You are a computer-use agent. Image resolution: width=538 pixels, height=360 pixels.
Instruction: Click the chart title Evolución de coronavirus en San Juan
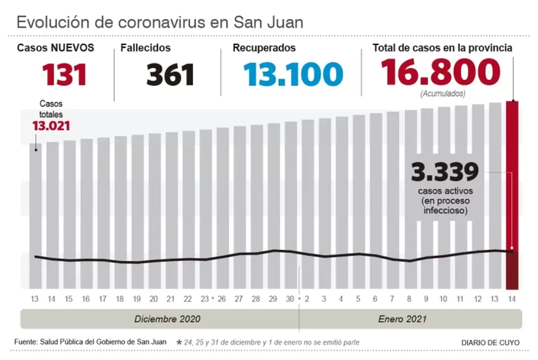click(160, 22)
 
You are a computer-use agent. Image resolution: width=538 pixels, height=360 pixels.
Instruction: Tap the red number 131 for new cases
click(65, 74)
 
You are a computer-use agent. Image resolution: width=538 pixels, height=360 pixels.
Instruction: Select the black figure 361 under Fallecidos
click(170, 74)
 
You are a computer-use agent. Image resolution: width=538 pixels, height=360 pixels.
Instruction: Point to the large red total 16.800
click(441, 73)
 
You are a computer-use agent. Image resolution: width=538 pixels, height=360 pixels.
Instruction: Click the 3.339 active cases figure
click(444, 173)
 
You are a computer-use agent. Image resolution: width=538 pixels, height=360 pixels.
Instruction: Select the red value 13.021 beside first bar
click(52, 126)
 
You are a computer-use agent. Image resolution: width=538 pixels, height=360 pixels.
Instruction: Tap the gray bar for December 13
click(36, 215)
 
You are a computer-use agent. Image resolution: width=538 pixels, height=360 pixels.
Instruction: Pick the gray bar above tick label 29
click(274, 204)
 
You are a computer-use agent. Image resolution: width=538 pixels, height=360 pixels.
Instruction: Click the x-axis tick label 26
click(222, 299)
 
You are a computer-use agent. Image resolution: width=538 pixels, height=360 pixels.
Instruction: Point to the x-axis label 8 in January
click(409, 299)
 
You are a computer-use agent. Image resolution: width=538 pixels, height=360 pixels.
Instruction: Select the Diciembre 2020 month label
click(167, 319)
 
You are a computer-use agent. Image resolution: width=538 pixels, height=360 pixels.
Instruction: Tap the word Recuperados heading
click(264, 48)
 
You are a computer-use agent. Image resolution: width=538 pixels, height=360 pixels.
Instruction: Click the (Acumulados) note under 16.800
click(441, 94)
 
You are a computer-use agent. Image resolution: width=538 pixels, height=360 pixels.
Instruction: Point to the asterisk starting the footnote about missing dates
click(179, 342)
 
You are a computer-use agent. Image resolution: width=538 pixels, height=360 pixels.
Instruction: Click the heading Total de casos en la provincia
click(442, 48)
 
